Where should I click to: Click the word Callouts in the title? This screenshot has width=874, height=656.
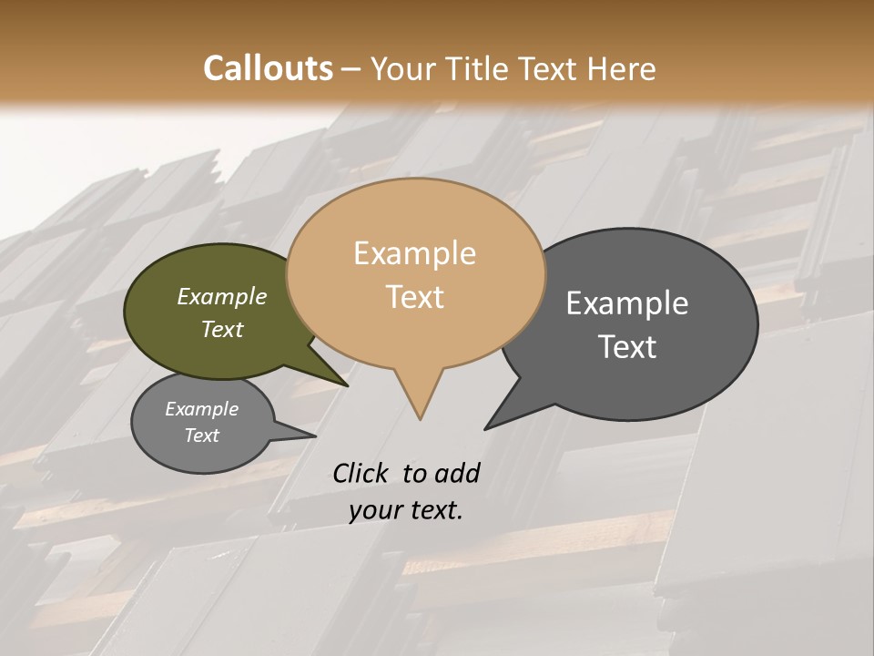pos(268,68)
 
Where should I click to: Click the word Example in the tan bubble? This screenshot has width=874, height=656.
pos(414,253)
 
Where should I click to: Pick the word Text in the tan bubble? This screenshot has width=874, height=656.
pos(414,297)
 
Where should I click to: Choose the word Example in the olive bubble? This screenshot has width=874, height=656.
pos(221,297)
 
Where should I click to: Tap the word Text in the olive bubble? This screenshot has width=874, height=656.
pos(221,329)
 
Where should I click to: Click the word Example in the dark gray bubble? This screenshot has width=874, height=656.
pos(627,303)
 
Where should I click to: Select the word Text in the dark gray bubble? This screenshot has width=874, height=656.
pos(627,347)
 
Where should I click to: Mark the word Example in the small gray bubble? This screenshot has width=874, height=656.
pos(201,409)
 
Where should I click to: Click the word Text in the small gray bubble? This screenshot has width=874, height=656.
pos(201,436)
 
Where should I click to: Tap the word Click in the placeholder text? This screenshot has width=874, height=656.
pos(361,473)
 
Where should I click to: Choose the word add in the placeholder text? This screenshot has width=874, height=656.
pos(457,473)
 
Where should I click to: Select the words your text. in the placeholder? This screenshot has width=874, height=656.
pos(405,510)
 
